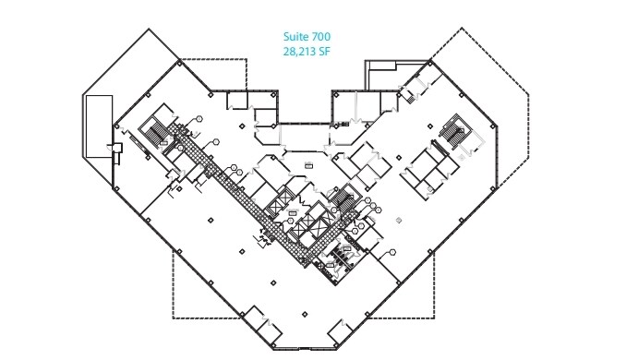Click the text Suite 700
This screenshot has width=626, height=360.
coord(306,37)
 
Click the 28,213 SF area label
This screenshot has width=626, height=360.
coord(306,53)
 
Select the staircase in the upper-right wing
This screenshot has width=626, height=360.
coord(454,131)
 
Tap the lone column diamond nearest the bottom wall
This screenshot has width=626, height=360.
coord(306,318)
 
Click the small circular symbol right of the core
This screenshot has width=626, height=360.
coord(399,220)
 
